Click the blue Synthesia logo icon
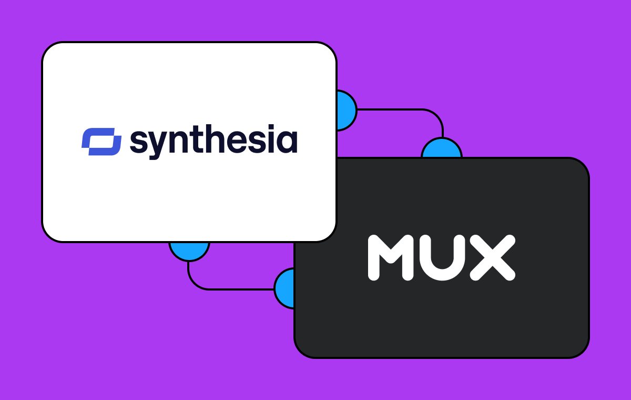[x=101, y=142]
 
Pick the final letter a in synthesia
[x=287, y=142]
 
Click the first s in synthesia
[x=137, y=142]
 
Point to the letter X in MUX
[x=493, y=257]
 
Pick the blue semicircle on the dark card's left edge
[x=284, y=288]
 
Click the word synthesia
[x=213, y=142]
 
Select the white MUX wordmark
[x=441, y=257]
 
